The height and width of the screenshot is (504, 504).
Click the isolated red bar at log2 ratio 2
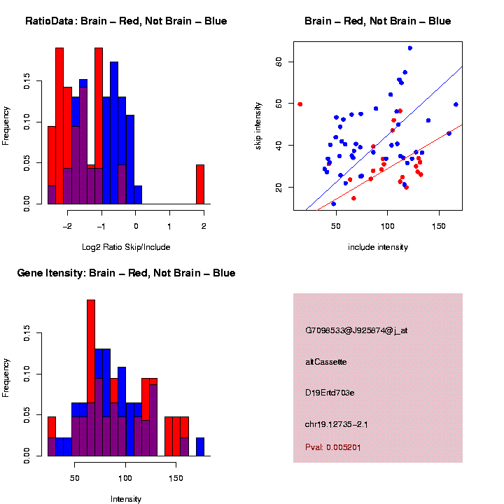[199, 184]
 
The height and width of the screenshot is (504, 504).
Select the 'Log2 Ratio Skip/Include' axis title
[126, 246]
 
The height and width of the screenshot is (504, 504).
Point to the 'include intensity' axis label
[378, 246]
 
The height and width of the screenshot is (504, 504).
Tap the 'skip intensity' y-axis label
[277, 126]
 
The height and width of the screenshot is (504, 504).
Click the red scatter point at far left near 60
[300, 104]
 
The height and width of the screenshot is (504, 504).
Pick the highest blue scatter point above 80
[410, 48]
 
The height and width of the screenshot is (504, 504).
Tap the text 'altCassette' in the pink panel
[326, 362]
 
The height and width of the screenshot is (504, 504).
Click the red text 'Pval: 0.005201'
[333, 447]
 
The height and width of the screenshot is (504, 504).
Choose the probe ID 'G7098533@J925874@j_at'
[356, 330]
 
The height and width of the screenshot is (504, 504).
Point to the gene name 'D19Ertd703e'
[330, 393]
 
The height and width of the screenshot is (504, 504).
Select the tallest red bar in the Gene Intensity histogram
[91, 378]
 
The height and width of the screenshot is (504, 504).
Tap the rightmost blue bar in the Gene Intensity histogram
[200, 447]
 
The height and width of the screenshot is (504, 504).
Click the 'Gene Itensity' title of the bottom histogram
[126, 273]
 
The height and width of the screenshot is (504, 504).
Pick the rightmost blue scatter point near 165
[456, 104]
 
